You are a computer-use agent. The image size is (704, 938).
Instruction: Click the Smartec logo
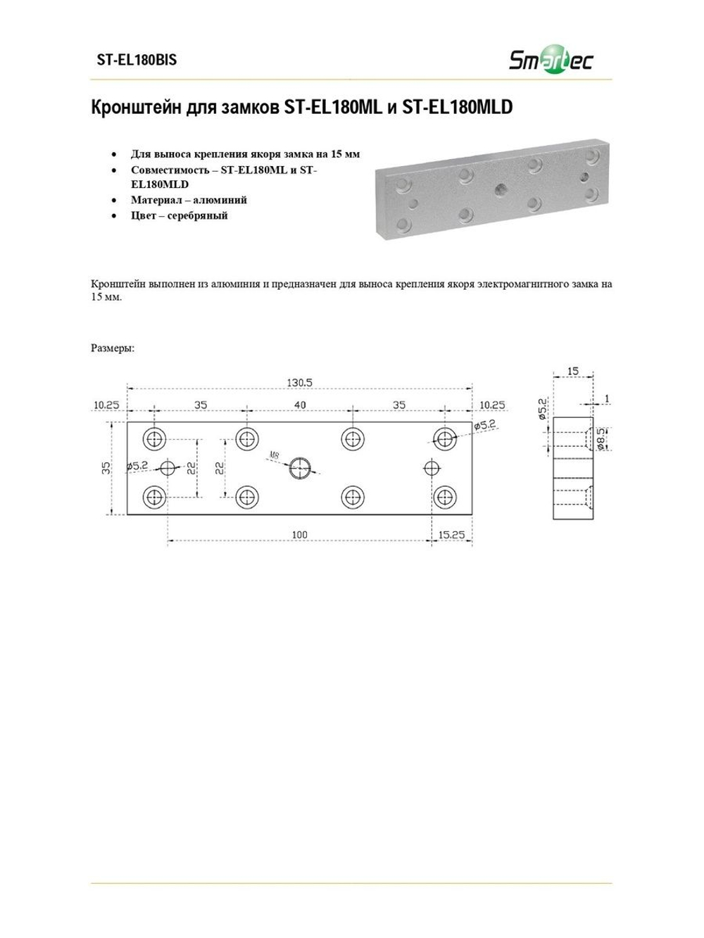tap(551, 59)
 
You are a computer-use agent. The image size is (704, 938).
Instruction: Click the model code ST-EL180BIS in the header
tap(137, 60)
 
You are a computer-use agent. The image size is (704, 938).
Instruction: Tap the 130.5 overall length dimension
tap(299, 383)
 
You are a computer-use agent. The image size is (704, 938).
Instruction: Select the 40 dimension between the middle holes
tap(300, 405)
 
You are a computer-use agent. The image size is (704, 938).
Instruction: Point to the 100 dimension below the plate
tap(300, 535)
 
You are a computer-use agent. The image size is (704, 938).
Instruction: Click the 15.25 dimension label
tap(451, 535)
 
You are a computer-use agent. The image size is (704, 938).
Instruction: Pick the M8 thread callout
tap(274, 455)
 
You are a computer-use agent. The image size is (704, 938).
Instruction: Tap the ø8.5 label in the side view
tap(601, 439)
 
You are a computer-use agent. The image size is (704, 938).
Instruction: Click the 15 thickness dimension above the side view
tap(573, 371)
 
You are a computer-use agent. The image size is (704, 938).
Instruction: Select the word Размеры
tap(113, 348)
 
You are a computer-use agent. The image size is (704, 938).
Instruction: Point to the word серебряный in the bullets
tap(198, 216)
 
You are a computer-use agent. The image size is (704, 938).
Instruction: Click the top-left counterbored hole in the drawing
tap(154, 439)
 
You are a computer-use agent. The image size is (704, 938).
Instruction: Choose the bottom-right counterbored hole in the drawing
tap(445, 497)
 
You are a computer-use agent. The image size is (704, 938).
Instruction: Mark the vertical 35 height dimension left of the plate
tap(106, 468)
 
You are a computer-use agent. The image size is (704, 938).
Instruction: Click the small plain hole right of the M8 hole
tap(432, 468)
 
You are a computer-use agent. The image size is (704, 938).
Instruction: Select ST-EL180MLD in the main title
tap(458, 107)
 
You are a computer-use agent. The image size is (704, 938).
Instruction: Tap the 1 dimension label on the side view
tap(607, 399)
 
